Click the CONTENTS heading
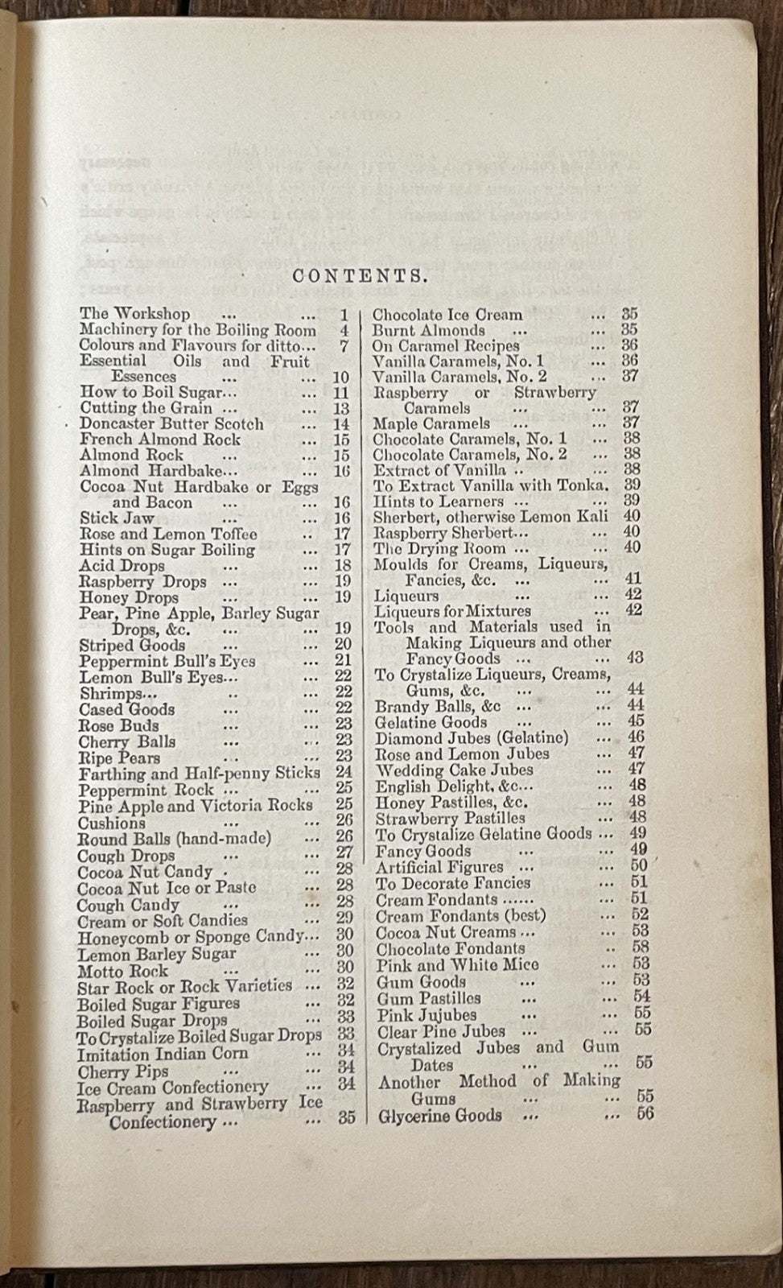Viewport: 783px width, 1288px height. point(358,276)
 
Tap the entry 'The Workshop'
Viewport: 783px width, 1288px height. point(134,314)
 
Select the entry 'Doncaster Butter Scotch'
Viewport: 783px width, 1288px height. point(171,423)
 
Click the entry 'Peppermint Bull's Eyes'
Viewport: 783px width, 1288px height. point(167,661)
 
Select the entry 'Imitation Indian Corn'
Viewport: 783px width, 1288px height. point(163,1054)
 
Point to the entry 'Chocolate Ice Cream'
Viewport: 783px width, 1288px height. point(447,315)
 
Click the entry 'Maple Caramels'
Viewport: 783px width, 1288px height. point(431,423)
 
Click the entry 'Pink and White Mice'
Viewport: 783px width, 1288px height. point(457,964)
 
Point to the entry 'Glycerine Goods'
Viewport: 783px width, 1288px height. point(439,1116)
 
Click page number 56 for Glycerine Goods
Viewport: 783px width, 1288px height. point(644,1115)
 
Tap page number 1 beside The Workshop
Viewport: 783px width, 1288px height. point(344,315)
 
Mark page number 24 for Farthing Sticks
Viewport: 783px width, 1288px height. point(343,774)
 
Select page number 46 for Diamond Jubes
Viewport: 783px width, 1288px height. point(636,737)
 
